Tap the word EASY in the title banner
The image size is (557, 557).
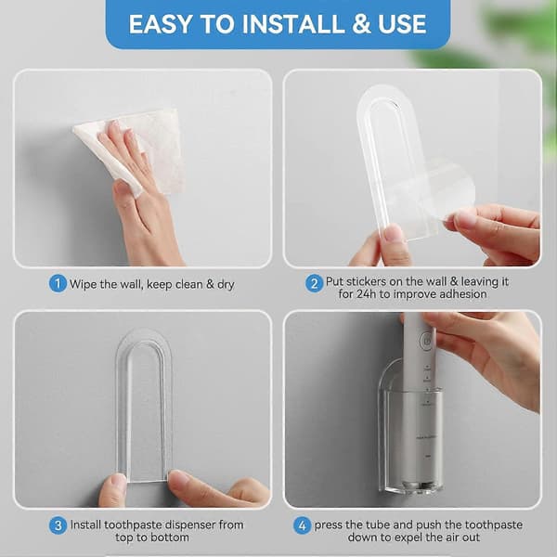point(161,24)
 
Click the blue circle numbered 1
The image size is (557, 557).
point(58,284)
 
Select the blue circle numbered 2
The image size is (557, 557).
point(314,284)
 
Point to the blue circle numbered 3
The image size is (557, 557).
point(58,525)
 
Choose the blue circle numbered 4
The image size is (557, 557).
point(302,525)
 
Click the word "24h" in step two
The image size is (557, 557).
point(365,294)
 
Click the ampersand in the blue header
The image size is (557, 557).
point(362,24)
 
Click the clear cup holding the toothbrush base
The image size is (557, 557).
point(412,444)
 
